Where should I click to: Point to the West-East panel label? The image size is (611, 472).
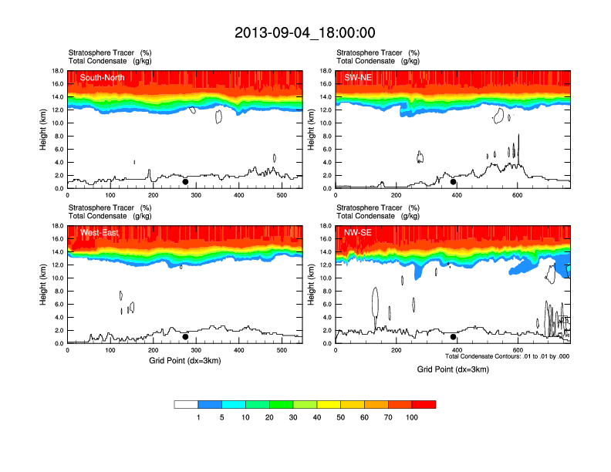99,232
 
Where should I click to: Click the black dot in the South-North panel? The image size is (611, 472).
185,182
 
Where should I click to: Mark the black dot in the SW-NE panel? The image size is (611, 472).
454,182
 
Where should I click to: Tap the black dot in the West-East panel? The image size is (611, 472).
185,337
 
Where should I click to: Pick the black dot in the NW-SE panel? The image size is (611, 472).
454,337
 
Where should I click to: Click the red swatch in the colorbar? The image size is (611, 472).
424,404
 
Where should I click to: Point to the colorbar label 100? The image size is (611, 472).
412,417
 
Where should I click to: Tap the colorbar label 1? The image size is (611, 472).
198,417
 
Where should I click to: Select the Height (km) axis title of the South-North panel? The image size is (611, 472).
45,130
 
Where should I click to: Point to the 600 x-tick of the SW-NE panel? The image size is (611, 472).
516,195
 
